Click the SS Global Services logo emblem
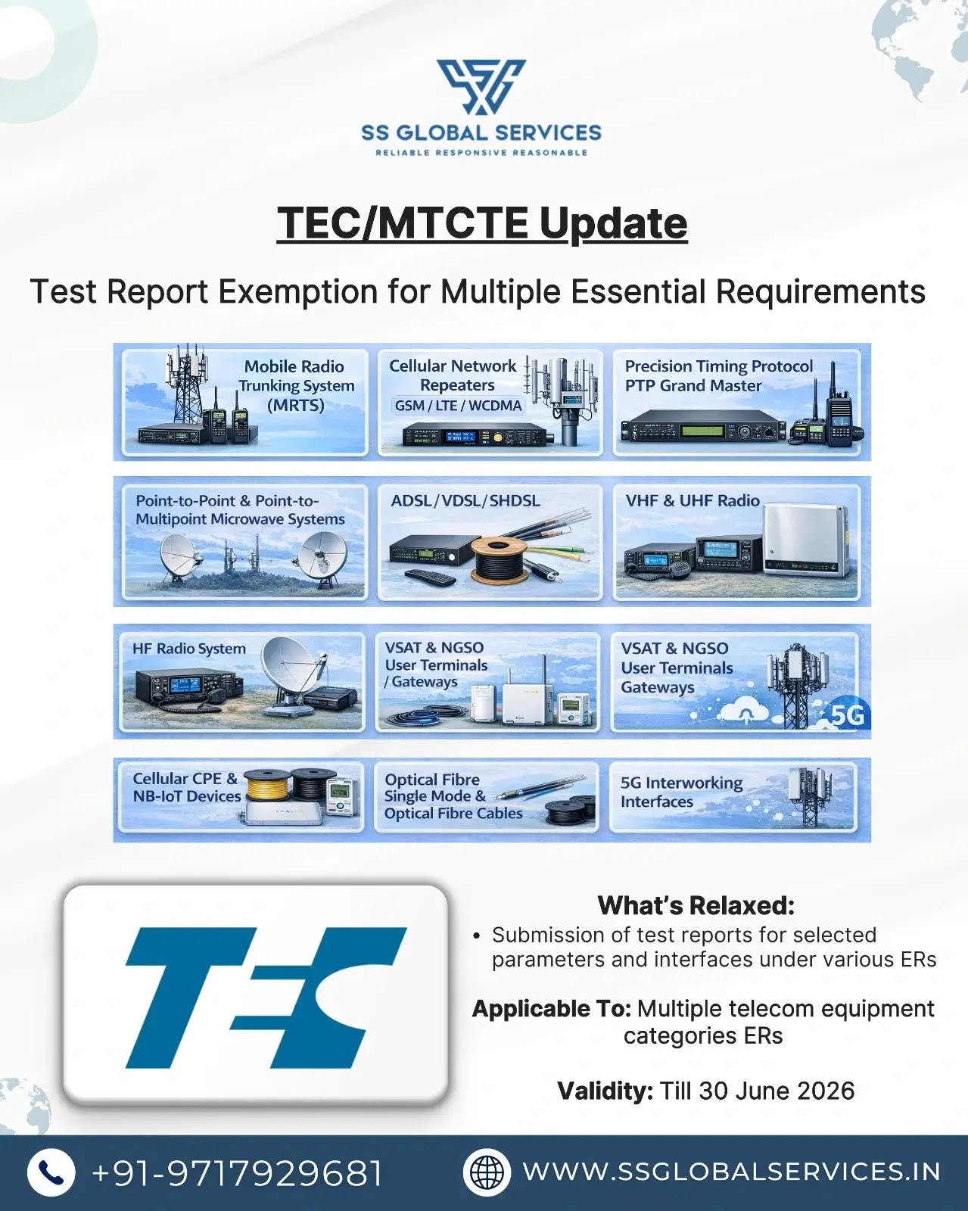pos(481,86)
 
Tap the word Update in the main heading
pos(613,223)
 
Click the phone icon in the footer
pos(51,1172)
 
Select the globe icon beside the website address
pos(487,1172)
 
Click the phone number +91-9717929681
pos(237,1173)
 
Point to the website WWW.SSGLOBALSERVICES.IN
pos(731,1172)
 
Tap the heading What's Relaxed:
pos(696,905)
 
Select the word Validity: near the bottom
pos(605,1091)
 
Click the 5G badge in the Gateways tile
pos(847,714)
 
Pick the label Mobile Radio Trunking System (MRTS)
pos(295,385)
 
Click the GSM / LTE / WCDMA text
pos(458,406)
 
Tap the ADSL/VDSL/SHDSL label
pos(465,501)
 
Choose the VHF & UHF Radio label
pos(693,501)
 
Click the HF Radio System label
pos(189,649)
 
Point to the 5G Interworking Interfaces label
pos(681,792)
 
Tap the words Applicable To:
pos(551,1009)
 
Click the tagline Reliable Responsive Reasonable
pos(481,153)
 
